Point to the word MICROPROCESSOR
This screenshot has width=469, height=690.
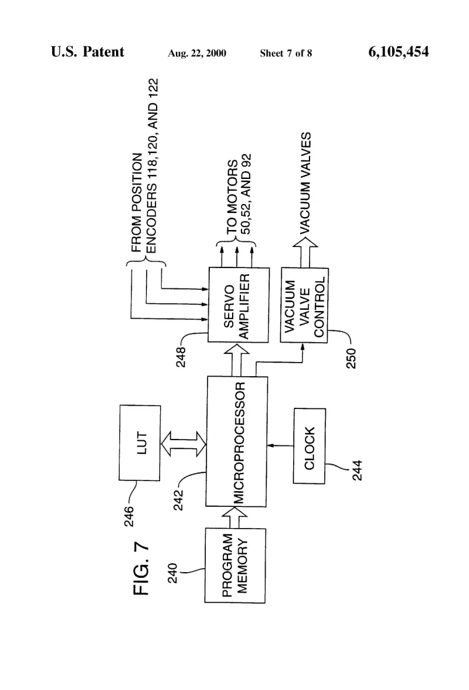239,442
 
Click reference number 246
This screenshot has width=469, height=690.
129,516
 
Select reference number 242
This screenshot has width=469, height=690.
178,500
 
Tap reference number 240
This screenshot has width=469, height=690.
173,573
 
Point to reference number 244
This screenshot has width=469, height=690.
358,470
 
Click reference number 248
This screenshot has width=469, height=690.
181,357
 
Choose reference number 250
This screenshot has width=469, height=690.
351,358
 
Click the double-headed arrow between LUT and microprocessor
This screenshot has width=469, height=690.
183,444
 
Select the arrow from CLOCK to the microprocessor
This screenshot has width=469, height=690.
280,446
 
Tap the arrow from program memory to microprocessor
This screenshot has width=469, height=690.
235,517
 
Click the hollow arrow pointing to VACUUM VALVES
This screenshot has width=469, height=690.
305,252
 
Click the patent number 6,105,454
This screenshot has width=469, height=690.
398,52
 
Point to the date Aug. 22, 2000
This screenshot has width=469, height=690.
197,53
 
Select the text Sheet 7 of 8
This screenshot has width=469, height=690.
286,53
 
